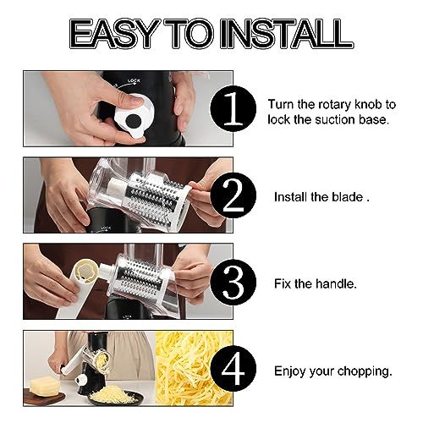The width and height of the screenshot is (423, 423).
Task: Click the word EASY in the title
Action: click(115, 34)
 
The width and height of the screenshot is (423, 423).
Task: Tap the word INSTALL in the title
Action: click(287, 34)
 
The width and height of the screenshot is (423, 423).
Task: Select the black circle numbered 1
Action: click(233, 108)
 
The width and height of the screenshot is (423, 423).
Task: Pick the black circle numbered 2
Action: click(233, 195)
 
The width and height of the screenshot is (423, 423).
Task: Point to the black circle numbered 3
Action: click(233, 283)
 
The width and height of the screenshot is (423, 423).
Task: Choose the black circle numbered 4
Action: click(233, 369)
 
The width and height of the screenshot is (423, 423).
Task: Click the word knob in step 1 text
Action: click(367, 104)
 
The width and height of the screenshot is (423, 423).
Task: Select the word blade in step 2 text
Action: click(348, 197)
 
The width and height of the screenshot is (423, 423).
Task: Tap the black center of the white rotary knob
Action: click(133, 121)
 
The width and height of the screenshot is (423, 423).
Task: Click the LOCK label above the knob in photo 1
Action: click(134, 81)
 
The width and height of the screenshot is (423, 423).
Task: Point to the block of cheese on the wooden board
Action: click(45, 387)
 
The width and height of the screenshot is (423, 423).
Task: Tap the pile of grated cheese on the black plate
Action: click(114, 394)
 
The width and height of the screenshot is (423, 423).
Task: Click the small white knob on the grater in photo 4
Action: click(82, 379)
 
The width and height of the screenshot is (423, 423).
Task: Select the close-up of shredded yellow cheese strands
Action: click(195, 368)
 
